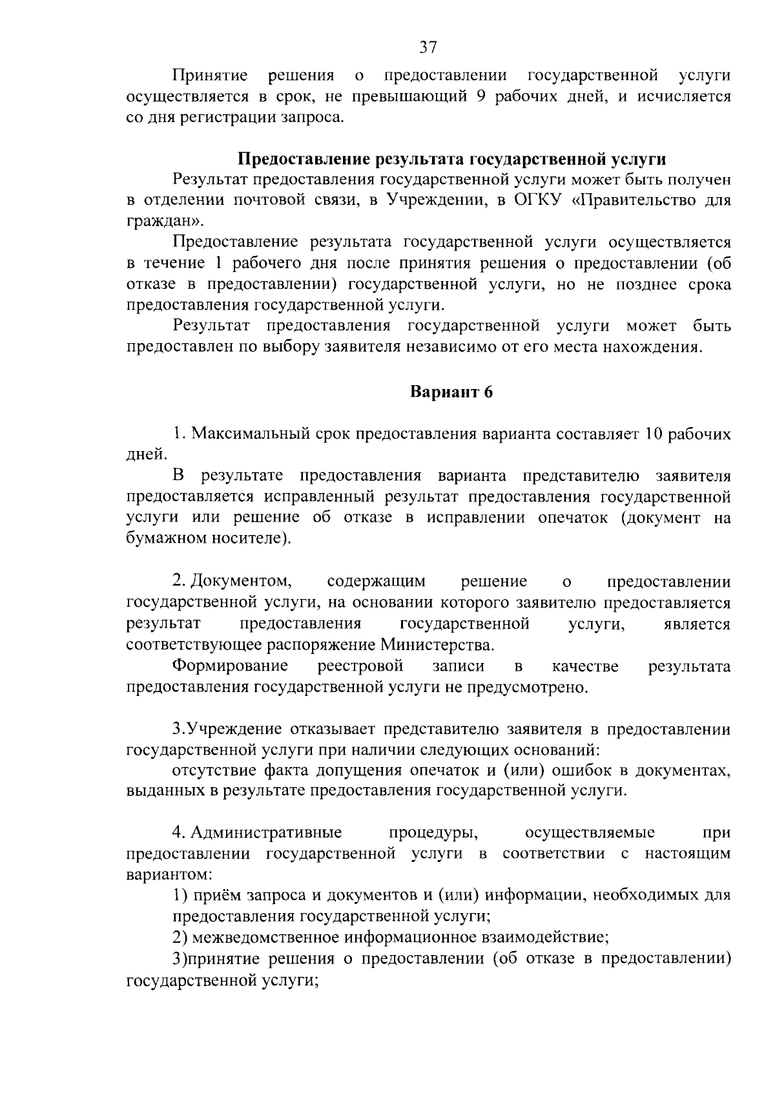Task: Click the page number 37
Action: (428, 47)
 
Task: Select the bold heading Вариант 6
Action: (451, 392)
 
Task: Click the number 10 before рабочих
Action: (656, 434)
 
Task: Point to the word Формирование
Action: (230, 666)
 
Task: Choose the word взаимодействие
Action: (544, 937)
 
